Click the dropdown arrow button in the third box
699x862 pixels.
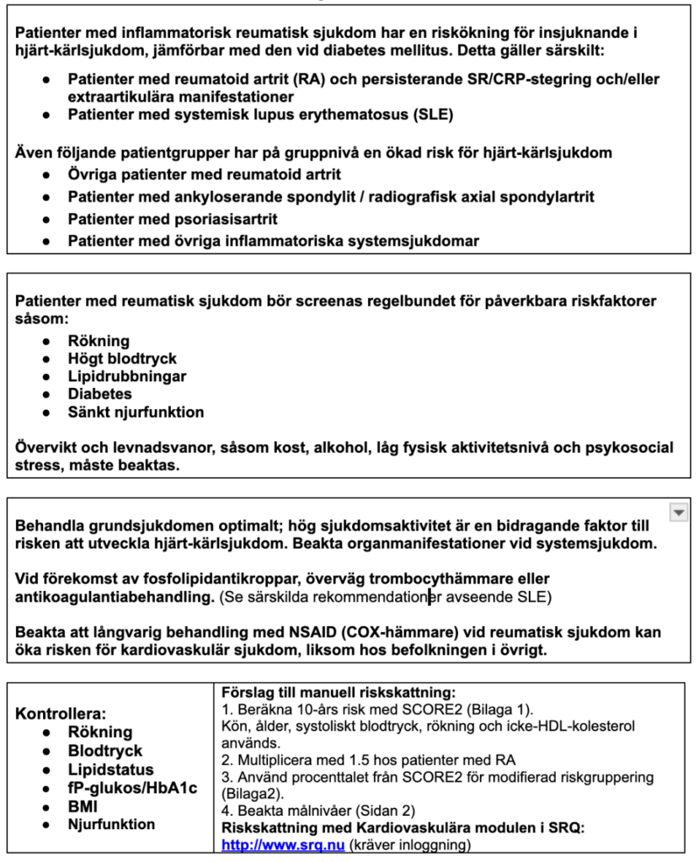click(x=678, y=511)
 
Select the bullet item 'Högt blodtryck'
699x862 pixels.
click(x=122, y=359)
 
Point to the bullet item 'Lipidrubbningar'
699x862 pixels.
click(x=127, y=376)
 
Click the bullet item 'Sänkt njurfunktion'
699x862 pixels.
click(x=136, y=412)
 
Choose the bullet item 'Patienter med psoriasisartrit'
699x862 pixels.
click(x=173, y=219)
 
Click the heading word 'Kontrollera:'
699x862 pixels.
click(x=61, y=713)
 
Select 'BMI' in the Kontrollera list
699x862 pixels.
click(x=83, y=806)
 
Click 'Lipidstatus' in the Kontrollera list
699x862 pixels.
click(x=110, y=769)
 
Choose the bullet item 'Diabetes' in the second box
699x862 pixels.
click(x=99, y=394)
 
